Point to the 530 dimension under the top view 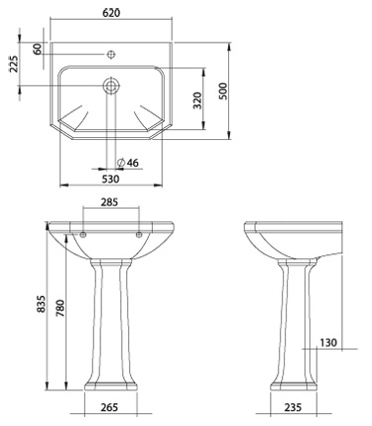(109, 180)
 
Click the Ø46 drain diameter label (126, 162)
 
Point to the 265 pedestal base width (110, 406)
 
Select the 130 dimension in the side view (328, 343)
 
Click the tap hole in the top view (111, 52)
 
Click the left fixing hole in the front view (83, 234)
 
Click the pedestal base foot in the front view (110, 381)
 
